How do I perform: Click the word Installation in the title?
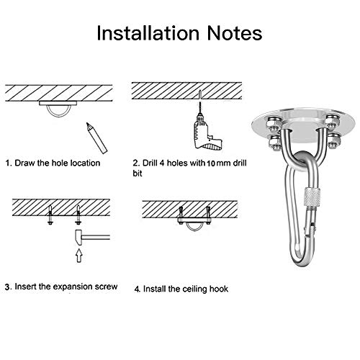pyautogui.click(x=148, y=33)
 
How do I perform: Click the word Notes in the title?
pyautogui.click(x=235, y=33)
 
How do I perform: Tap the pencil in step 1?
pyautogui.click(x=96, y=138)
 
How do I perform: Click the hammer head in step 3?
pyautogui.click(x=78, y=238)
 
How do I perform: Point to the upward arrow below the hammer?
pyautogui.click(x=79, y=256)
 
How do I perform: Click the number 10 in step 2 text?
pyautogui.click(x=210, y=163)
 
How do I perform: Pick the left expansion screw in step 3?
pyautogui.click(x=50, y=215)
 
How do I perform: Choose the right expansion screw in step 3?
pyautogui.click(x=78, y=215)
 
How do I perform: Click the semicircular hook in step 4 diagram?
pyautogui.click(x=194, y=229)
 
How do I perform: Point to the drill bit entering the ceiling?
pyautogui.click(x=199, y=101)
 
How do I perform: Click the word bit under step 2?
pyautogui.click(x=138, y=174)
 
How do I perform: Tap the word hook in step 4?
pyautogui.click(x=219, y=289)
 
